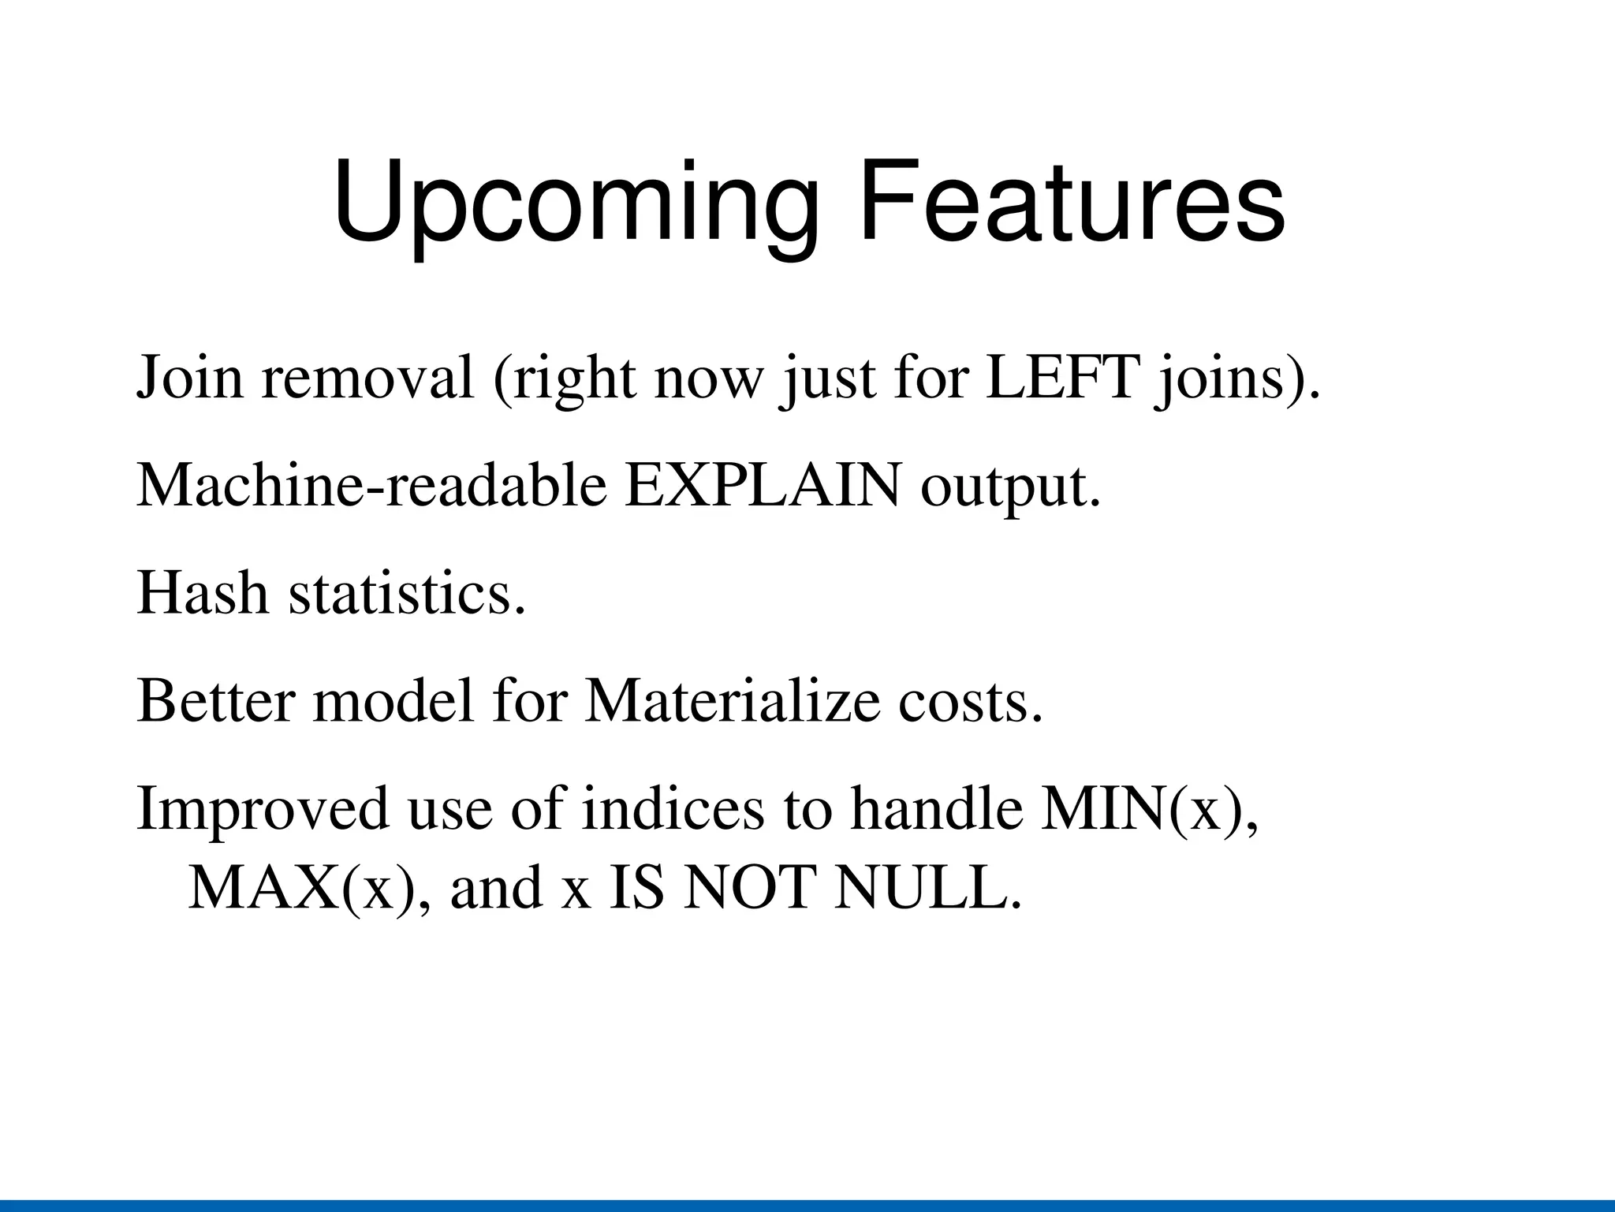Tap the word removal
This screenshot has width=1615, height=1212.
(367, 379)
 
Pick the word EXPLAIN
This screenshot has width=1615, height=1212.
(763, 486)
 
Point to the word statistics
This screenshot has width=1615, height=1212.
(406, 593)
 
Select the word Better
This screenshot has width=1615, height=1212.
(215, 701)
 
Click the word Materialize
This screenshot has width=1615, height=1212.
(732, 701)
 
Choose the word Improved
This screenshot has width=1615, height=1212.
(263, 810)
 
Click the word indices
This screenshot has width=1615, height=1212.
(673, 808)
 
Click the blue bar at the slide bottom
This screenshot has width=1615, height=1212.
(807, 1206)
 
